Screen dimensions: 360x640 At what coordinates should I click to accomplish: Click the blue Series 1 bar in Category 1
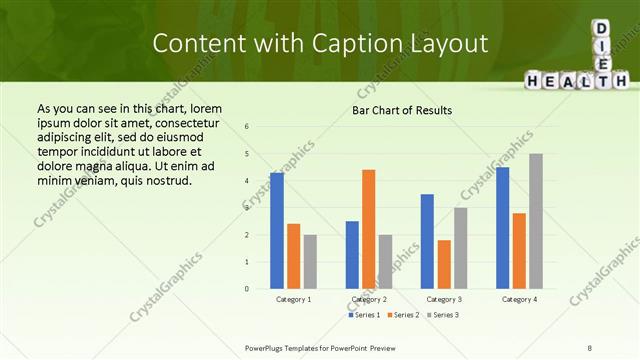(x=277, y=231)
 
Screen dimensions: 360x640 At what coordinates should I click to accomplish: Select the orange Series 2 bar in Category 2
(x=368, y=229)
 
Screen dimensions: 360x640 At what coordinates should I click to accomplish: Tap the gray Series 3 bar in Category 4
(x=536, y=221)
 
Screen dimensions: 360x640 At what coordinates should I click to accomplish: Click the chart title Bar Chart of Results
(x=402, y=110)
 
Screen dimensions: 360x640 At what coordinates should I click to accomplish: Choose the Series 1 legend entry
(x=364, y=315)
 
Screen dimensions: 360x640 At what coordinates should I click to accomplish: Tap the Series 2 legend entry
(x=403, y=315)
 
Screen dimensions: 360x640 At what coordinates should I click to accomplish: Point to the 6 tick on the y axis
(x=247, y=127)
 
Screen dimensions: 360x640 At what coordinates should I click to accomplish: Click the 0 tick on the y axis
(x=247, y=289)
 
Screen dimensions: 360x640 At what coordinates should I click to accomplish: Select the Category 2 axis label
(x=369, y=299)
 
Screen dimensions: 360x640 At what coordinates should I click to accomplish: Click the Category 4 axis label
(x=519, y=299)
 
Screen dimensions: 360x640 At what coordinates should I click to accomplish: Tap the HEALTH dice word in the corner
(x=575, y=79)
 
